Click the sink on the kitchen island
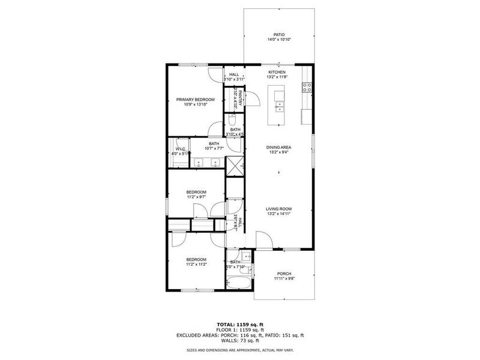coord(279,107)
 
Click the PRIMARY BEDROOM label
coord(195,100)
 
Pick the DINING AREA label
coord(279,147)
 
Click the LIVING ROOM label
coord(279,209)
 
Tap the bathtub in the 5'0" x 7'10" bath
coord(239,283)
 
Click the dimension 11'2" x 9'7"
coord(196,197)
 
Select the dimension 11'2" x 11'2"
coord(196,263)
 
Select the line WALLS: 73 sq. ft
coord(239,340)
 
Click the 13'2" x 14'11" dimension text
coord(279,214)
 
